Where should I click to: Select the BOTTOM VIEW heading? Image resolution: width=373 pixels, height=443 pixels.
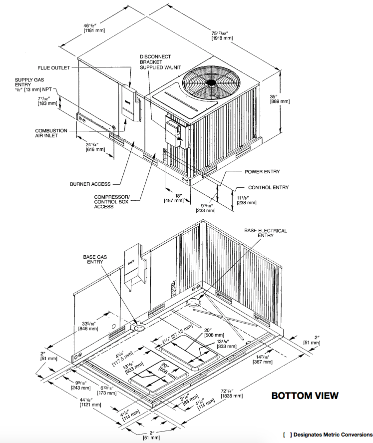click(305, 396)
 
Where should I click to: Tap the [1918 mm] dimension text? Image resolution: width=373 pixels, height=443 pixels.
click(222, 38)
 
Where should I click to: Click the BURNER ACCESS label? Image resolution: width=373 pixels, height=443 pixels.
click(90, 184)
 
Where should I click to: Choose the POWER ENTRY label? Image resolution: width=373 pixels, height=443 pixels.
click(262, 172)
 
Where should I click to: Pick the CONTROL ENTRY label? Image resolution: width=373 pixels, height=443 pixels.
click(268, 187)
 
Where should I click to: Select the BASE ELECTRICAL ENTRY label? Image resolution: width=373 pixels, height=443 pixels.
click(265, 233)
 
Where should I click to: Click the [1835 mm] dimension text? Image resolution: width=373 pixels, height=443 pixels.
click(231, 396)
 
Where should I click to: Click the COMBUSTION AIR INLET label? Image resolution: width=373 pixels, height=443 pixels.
click(51, 133)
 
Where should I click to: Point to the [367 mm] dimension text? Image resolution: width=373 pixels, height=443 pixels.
click(263, 361)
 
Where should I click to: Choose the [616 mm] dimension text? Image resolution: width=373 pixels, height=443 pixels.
click(95, 149)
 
